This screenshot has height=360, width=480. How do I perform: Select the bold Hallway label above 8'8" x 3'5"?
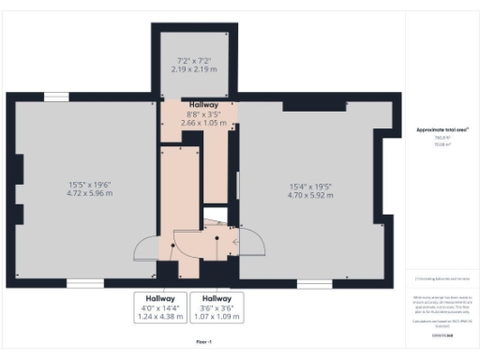[x=203, y=104]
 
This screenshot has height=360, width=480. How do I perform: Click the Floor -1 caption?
[x=204, y=341]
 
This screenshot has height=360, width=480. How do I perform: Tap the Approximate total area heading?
[x=436, y=129]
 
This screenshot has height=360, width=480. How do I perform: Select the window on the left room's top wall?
[x=56, y=96]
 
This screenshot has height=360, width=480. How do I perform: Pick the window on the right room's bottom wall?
[x=314, y=282]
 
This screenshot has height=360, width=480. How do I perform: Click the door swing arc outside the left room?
[x=145, y=248]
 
